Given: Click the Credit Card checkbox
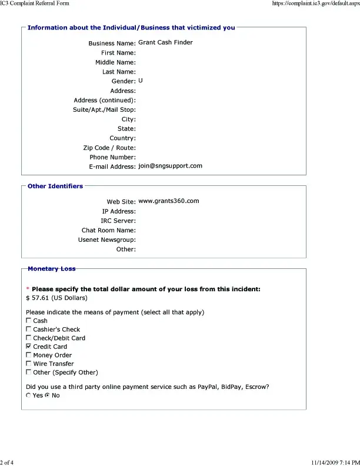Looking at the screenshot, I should tap(29, 347).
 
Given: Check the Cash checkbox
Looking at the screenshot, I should tap(29, 321).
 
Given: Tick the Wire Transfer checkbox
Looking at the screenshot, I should tap(29, 364).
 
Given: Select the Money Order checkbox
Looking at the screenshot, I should tap(29, 355).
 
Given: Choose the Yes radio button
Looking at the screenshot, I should tap(29, 395).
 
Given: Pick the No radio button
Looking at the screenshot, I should tap(47, 395).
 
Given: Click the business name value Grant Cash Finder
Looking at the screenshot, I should tap(165, 42).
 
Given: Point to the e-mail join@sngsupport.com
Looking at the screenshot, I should tap(170, 166).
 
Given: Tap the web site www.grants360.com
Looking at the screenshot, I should tap(168, 201).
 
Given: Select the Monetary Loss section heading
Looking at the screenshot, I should tap(51, 269).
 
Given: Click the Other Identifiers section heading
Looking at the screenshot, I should tap(55, 187).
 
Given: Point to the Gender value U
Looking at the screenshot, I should tap(141, 80).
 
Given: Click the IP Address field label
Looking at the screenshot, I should tap(118, 211).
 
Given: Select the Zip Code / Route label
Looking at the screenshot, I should tap(109, 148).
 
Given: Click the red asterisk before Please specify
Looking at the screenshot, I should tap(28, 289).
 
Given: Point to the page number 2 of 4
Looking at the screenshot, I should tap(7, 462).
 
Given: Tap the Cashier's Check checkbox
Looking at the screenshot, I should tap(29, 329).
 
